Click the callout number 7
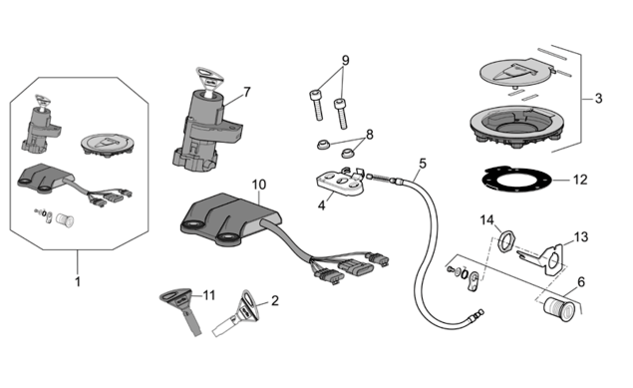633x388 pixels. (x=246, y=92)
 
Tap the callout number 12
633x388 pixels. (x=580, y=180)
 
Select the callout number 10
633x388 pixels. (x=259, y=185)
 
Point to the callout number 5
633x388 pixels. (x=423, y=164)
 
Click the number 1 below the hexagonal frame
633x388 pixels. (x=78, y=281)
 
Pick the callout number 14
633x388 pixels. (x=486, y=220)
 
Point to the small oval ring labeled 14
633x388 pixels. (x=506, y=240)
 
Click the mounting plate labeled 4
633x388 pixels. (x=340, y=183)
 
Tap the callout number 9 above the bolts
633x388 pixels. (x=345, y=61)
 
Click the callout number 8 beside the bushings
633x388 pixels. (x=370, y=134)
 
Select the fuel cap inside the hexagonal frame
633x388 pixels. (x=108, y=145)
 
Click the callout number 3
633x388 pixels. (x=598, y=98)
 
